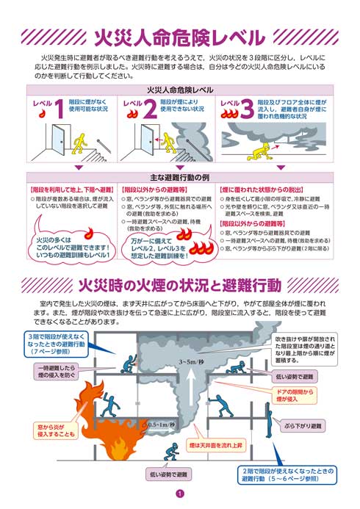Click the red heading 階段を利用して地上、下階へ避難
tap(71, 189)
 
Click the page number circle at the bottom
tap(179, 494)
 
